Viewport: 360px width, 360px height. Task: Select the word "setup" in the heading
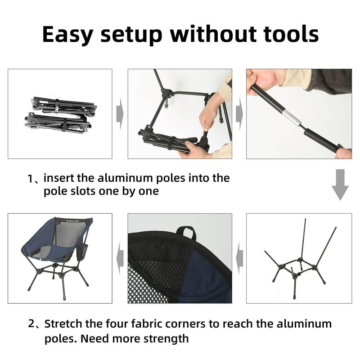click(x=131, y=36)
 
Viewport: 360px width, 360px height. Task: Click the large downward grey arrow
click(x=340, y=184)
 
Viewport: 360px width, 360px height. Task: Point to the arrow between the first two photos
click(x=120, y=114)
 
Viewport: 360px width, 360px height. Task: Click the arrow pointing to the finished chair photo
click(x=120, y=258)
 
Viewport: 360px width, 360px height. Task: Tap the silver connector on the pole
click(x=292, y=118)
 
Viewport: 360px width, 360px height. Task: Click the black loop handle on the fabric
click(x=187, y=233)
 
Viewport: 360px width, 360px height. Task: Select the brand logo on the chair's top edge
click(x=72, y=221)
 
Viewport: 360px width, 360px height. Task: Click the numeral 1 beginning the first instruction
click(x=30, y=179)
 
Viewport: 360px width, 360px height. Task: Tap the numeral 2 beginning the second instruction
click(x=31, y=324)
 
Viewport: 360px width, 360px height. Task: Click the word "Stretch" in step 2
click(x=63, y=324)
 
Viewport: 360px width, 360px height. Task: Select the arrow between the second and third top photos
click(x=239, y=114)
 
